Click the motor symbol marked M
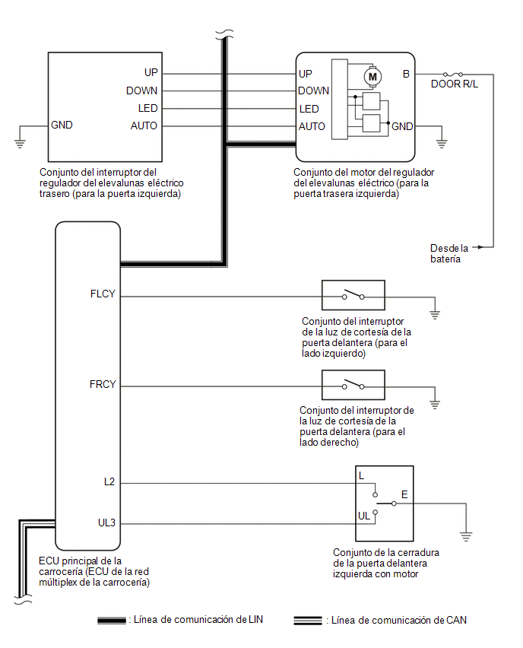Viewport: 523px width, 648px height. pos(372,77)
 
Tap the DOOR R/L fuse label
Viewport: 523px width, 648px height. pos(455,84)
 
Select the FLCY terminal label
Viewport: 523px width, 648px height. pos(103,294)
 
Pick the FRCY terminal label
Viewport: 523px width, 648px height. pos(103,384)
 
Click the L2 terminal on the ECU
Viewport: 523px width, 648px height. pos(109,482)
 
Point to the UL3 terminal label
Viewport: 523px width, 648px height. pos(106,523)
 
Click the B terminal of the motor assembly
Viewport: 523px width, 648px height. pos(406,74)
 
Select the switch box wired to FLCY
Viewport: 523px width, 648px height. pos(353,295)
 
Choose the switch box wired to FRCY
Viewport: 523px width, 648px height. pos(353,385)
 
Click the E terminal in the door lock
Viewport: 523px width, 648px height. pos(404,494)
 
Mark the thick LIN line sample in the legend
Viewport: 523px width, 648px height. pos(112,621)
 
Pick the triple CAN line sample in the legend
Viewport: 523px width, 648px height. pos(308,621)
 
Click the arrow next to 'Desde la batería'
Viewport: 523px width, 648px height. pos(477,247)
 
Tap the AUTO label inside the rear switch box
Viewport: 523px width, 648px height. pos(144,125)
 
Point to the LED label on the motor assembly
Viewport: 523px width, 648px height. pos(309,109)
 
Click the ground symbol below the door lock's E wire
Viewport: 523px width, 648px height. pos(466,537)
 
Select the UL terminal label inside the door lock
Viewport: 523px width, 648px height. pos(364,516)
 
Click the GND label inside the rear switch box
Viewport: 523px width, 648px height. pos(62,125)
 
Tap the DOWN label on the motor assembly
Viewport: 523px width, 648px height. pos(313,91)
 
